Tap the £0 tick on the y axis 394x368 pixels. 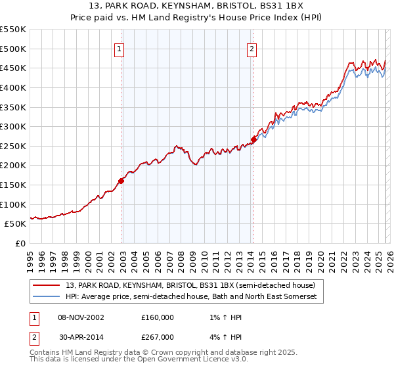21,243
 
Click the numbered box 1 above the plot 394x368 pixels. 119,48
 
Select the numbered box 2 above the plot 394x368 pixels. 252,48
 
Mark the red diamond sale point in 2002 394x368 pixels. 121,181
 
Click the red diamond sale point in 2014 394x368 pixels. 254,139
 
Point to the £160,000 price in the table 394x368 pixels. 158,317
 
